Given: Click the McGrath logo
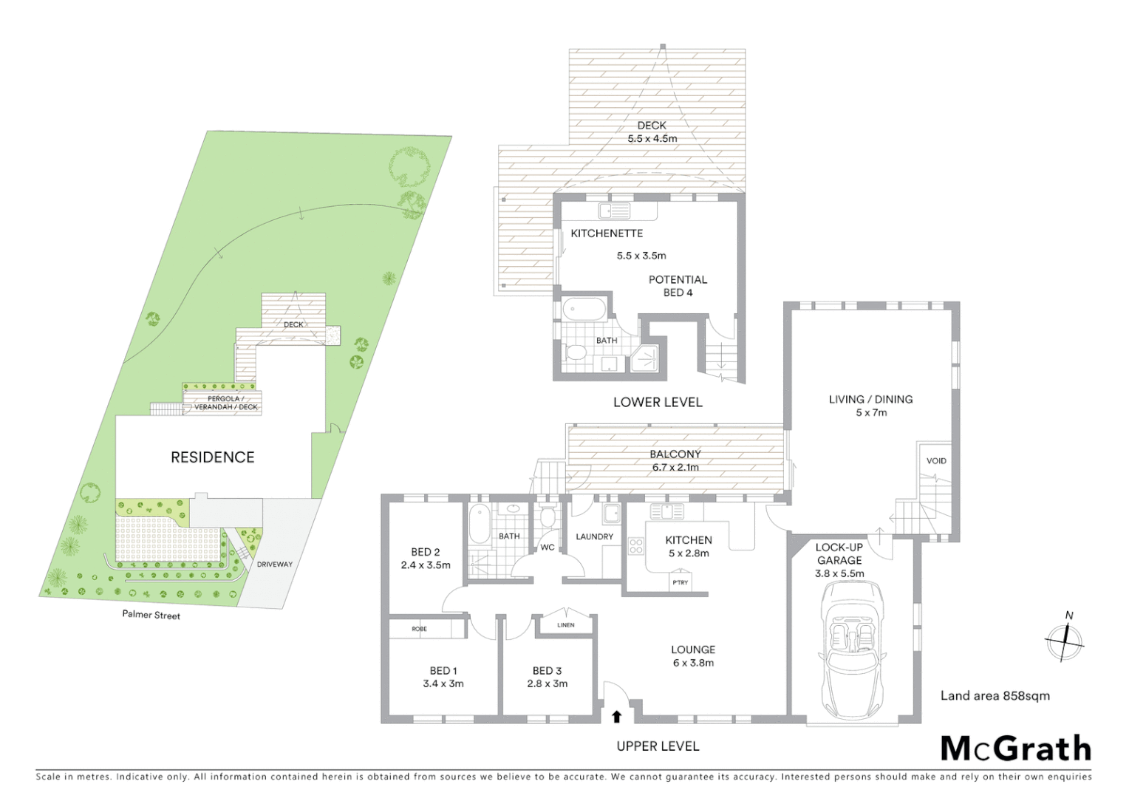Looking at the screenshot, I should (1016, 749).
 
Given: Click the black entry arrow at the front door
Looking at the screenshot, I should (617, 716).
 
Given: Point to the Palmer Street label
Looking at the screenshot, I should (151, 615).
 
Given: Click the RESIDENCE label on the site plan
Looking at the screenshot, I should (212, 457).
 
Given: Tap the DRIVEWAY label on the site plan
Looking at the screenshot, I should (275, 565).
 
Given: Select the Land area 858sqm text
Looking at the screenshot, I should (995, 695).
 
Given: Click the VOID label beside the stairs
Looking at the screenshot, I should (936, 461).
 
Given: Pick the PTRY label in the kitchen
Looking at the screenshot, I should (680, 582).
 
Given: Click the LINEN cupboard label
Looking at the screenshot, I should (565, 625).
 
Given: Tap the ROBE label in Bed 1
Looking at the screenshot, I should (419, 629).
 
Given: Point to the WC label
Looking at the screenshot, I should (547, 548).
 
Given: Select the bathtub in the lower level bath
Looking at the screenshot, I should (584, 308).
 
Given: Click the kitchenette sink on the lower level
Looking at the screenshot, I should (614, 211).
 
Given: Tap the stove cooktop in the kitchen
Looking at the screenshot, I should (635, 546).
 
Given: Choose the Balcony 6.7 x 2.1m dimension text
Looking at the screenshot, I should (675, 467).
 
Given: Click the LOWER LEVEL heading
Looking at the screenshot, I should (658, 403).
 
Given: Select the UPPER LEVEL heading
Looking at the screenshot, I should (658, 746).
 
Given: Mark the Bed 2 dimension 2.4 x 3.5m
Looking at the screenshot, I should (426, 565).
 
